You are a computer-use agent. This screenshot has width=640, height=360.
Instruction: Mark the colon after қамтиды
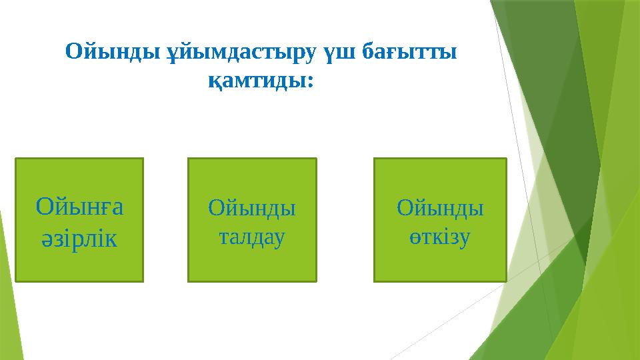click(x=310, y=84)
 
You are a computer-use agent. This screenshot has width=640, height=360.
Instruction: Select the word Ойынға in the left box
click(x=79, y=207)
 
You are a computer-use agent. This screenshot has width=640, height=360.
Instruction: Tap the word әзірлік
click(x=79, y=237)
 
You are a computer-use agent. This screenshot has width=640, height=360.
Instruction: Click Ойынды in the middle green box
click(x=252, y=208)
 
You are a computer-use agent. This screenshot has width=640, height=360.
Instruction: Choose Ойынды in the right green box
click(x=440, y=208)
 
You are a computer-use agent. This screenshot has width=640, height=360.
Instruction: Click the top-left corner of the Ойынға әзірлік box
click(x=16, y=159)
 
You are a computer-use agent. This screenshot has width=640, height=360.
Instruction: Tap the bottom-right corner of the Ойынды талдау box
click(x=316, y=281)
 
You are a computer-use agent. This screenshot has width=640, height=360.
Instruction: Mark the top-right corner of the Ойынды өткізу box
click(x=506, y=159)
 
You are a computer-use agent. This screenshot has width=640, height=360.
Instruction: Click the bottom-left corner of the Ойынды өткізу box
click(x=375, y=281)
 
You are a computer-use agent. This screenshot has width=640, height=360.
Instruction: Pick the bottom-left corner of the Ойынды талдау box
click(x=189, y=281)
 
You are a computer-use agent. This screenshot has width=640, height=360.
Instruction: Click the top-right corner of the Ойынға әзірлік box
click(x=143, y=159)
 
